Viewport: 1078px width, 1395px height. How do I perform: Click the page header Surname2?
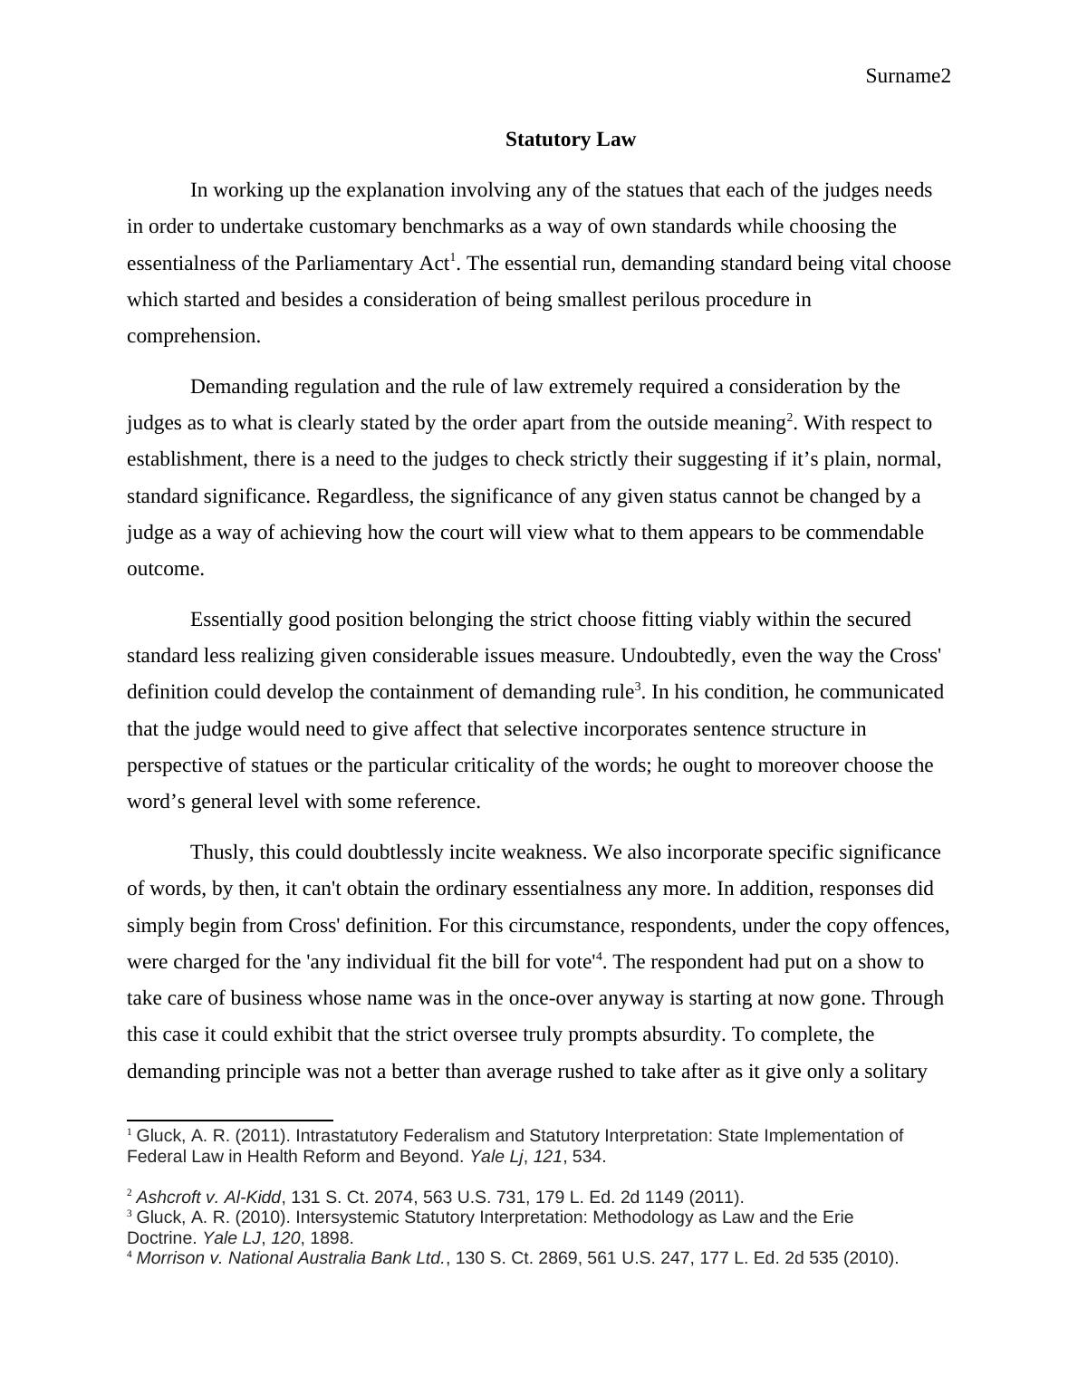click(908, 76)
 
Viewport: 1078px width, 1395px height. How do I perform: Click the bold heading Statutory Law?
click(570, 139)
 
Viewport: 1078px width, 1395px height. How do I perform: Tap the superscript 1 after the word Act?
click(453, 257)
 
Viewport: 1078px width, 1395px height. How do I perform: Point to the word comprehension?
click(192, 336)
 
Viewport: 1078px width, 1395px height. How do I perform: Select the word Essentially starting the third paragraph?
click(237, 620)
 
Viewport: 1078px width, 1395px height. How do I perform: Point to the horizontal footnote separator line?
click(230, 1121)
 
